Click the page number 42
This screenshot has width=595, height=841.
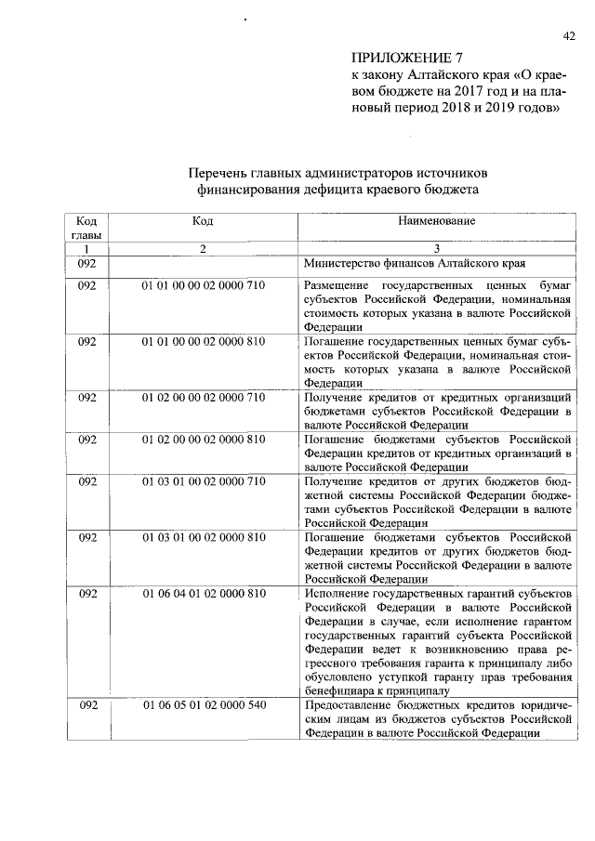point(569,36)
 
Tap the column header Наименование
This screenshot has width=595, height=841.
point(436,221)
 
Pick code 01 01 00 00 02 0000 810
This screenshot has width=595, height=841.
point(204,342)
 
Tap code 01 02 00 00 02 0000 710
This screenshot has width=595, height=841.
point(204,398)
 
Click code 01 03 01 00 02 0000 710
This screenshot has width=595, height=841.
point(204,481)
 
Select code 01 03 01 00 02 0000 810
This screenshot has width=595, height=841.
point(204,538)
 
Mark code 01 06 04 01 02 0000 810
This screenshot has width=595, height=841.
point(204,594)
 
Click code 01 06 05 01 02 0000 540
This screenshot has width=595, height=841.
point(204,705)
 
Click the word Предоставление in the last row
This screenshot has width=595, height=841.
point(349,705)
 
